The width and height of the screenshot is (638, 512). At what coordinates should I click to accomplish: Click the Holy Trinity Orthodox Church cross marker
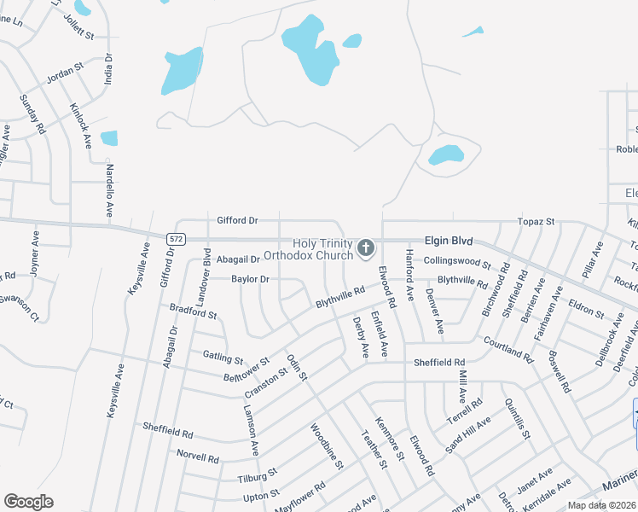[366, 248]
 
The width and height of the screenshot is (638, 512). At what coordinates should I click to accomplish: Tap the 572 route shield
[176, 239]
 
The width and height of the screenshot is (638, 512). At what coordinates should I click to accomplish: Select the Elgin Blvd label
[444, 242]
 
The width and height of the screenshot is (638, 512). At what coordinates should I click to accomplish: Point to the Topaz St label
[536, 222]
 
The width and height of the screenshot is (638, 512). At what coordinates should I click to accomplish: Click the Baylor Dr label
[251, 279]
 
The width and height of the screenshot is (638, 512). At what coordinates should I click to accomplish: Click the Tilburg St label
[258, 475]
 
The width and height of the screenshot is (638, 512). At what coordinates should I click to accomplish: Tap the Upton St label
[261, 495]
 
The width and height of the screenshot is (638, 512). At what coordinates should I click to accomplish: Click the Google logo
[28, 502]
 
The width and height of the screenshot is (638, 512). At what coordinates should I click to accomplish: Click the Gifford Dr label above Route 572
[236, 220]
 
